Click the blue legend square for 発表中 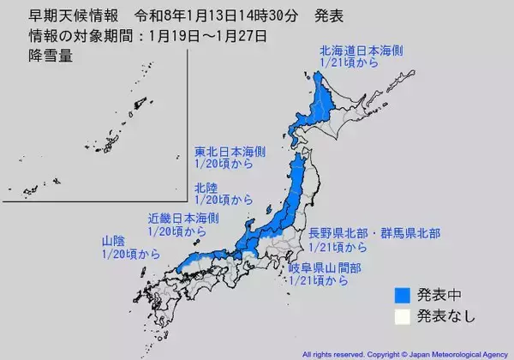click(400, 294)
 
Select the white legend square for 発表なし click(400, 316)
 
